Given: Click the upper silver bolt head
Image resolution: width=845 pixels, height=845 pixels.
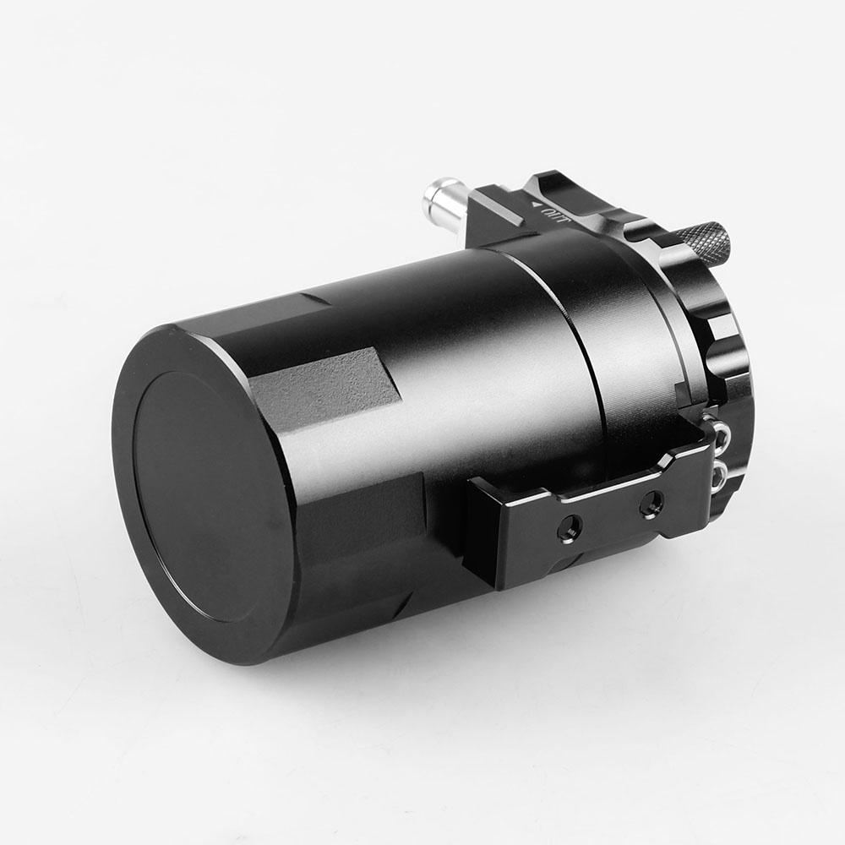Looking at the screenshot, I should pos(721,434).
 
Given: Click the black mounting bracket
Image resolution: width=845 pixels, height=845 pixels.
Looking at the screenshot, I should pos(591,515).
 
